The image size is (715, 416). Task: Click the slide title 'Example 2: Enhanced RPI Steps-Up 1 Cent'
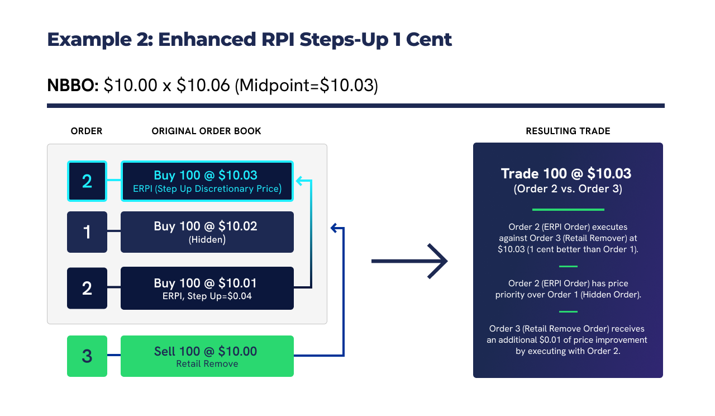[x=249, y=40]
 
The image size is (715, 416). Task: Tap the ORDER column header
[x=87, y=131]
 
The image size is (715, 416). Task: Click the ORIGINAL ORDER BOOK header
[x=207, y=131]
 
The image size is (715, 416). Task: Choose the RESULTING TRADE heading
[x=568, y=131]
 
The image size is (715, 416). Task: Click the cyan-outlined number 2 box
[x=87, y=181]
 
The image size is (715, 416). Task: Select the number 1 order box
[x=87, y=232]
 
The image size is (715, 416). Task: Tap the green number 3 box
[x=87, y=356]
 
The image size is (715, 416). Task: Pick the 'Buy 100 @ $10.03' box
[x=207, y=181]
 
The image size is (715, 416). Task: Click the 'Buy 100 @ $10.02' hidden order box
[x=207, y=232]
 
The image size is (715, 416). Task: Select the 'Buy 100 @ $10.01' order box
[x=207, y=289]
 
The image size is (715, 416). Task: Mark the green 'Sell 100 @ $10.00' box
[x=207, y=356]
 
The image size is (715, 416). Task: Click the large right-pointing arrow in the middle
[x=409, y=261]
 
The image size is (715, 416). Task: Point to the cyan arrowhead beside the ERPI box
[x=299, y=181]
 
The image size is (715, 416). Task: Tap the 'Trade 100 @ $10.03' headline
[x=568, y=174]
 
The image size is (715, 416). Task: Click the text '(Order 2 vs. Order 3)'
[x=568, y=189]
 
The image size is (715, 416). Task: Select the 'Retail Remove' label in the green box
[x=207, y=364]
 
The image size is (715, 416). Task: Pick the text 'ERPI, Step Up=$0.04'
[x=207, y=296]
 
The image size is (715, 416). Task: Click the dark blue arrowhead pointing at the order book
[x=335, y=228]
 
